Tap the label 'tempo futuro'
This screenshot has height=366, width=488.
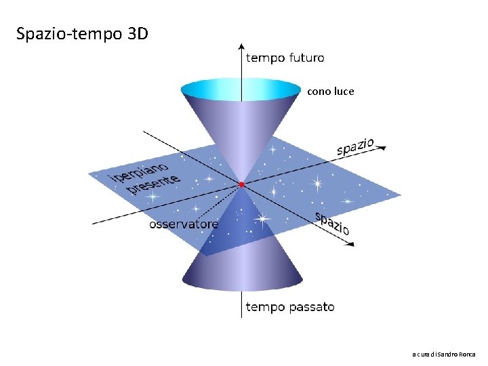(x=285, y=58)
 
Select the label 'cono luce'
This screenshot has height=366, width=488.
(x=330, y=91)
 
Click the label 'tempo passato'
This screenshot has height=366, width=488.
(x=289, y=307)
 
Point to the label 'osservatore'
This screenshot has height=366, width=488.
(x=184, y=224)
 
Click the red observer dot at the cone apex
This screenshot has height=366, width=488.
(x=241, y=184)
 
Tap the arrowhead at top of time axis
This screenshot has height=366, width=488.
(x=241, y=47)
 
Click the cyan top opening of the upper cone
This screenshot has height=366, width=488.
(x=241, y=88)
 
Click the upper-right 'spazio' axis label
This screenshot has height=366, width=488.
(x=355, y=147)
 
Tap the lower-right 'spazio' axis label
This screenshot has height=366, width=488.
(x=333, y=224)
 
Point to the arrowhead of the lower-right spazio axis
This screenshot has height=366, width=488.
(x=350, y=244)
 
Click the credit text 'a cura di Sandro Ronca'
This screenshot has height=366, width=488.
(x=444, y=354)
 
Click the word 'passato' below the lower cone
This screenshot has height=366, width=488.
(x=311, y=307)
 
